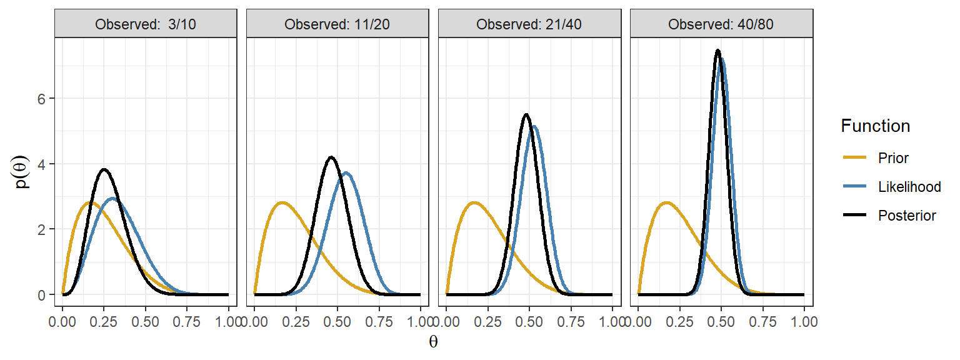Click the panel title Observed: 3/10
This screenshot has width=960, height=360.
click(146, 25)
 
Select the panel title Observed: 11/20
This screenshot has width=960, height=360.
click(337, 25)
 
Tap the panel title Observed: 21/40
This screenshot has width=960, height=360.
click(529, 25)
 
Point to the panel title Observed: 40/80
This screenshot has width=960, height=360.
click(721, 25)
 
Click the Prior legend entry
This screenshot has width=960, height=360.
click(893, 158)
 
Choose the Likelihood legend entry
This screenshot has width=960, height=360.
click(909, 187)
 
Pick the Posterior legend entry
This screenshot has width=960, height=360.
click(907, 216)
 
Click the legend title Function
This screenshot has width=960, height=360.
click(875, 126)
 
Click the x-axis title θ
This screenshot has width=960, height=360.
click(433, 342)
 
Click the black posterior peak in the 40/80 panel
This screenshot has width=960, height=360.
click(717, 51)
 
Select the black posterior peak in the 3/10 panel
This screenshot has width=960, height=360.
click(104, 169)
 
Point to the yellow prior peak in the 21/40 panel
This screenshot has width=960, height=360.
click(474, 202)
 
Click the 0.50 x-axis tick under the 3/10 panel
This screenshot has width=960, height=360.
click(146, 323)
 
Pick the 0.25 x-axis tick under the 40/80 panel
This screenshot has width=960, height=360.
click(679, 323)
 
